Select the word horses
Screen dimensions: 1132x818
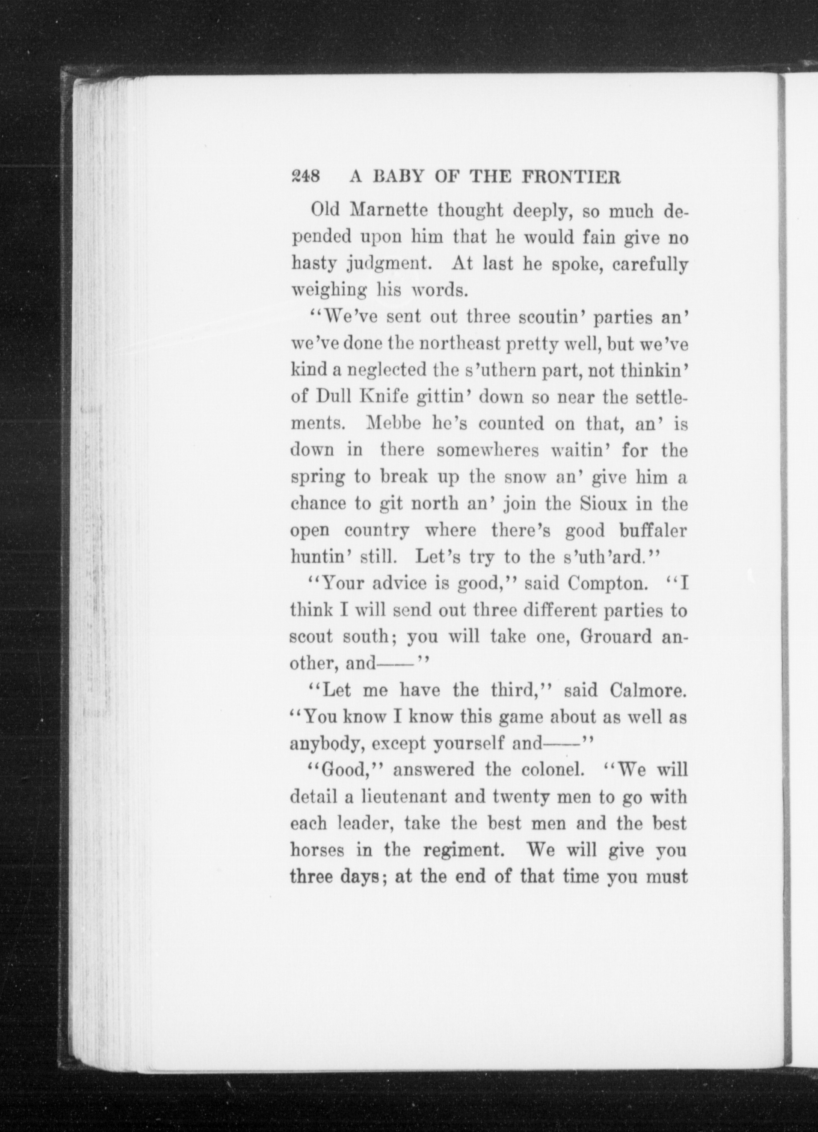tap(317, 850)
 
